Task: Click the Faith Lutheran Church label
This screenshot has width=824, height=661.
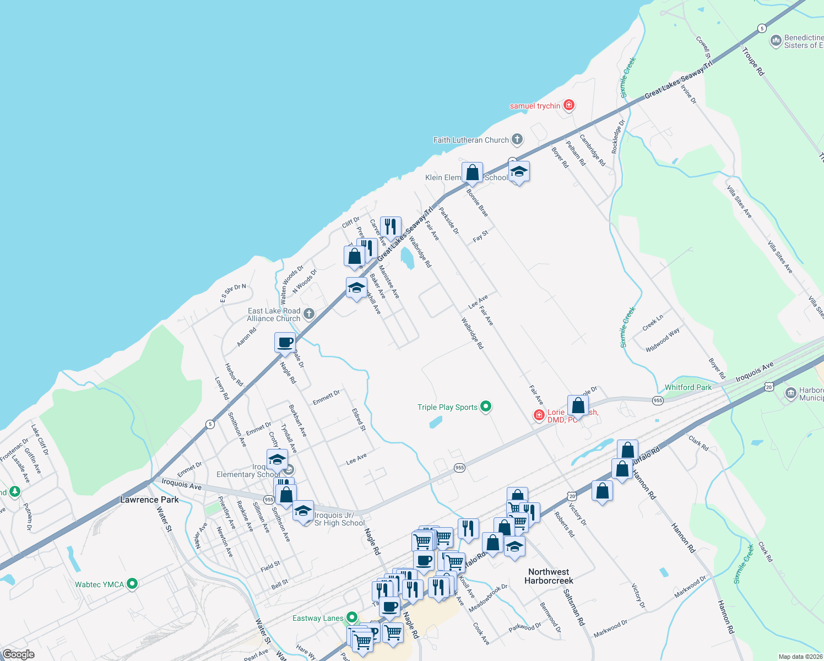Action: (471, 140)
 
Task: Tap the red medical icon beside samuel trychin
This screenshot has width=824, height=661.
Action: (569, 105)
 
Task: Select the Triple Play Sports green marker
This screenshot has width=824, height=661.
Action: (486, 407)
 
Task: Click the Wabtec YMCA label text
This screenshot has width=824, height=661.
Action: (100, 584)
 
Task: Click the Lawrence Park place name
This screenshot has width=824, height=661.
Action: (149, 500)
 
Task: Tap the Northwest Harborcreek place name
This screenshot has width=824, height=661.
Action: (549, 576)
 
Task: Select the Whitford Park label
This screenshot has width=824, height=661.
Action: (688, 387)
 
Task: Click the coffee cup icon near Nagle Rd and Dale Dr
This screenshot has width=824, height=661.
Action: (285, 343)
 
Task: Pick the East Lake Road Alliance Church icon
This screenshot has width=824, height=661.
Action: (309, 314)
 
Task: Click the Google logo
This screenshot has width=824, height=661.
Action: (18, 654)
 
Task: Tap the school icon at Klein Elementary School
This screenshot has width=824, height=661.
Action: (519, 172)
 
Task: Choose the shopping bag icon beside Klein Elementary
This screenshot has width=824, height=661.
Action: (472, 173)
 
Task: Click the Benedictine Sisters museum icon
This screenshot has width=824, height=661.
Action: (776, 41)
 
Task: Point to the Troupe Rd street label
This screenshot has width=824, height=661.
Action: (753, 62)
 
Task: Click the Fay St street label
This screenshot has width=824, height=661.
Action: (480, 236)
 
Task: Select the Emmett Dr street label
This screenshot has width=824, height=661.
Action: (326, 397)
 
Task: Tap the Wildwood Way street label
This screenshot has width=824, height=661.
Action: (663, 339)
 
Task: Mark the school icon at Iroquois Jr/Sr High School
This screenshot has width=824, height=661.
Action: (303, 512)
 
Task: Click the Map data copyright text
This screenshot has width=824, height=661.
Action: (800, 657)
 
